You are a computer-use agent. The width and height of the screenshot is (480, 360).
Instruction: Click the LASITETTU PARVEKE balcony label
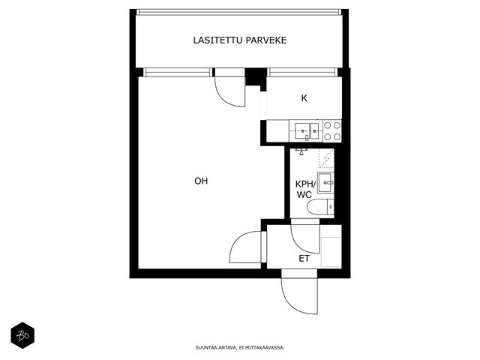tap(240, 40)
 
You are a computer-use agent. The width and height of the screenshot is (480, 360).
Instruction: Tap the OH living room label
tap(201, 181)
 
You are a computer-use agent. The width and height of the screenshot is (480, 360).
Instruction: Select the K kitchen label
tap(304, 98)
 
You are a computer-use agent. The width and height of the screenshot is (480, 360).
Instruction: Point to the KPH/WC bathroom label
tap(305, 189)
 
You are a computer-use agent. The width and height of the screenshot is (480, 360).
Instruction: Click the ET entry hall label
tap(304, 259)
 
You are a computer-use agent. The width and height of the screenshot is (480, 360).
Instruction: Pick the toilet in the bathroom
tap(320, 207)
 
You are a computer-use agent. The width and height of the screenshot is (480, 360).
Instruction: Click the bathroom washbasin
tap(325, 183)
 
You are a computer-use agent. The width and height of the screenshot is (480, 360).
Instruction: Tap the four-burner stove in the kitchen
tap(332, 130)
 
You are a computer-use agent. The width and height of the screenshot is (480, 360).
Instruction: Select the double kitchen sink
tap(307, 131)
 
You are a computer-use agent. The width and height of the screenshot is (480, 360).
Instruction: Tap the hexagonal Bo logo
tap(22, 335)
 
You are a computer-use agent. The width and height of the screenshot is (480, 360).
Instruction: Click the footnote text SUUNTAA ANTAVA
tap(215, 347)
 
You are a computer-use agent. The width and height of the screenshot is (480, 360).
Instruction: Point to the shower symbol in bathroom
tap(326, 158)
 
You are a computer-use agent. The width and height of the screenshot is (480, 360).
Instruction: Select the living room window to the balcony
tap(178, 72)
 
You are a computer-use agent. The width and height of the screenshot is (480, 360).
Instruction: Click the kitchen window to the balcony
tap(302, 72)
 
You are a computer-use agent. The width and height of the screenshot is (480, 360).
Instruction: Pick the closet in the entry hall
tap(331, 252)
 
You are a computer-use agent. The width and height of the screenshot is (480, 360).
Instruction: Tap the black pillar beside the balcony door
tap(256, 76)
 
